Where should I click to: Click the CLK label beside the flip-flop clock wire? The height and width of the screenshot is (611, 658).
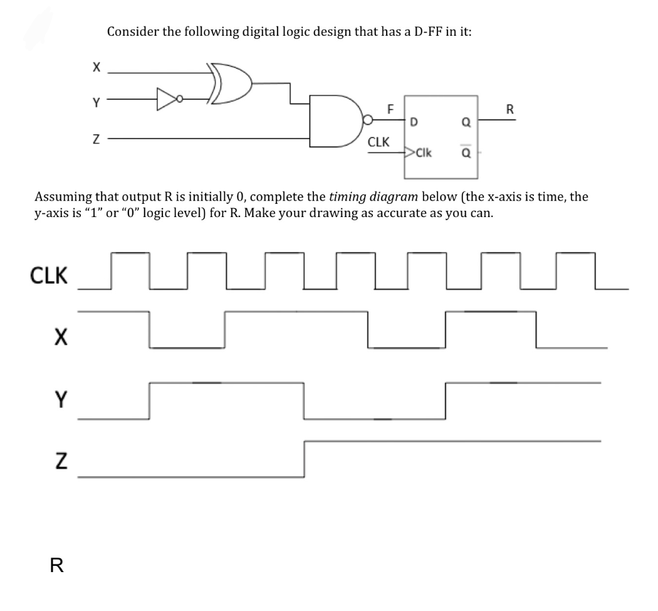pyautogui.click(x=380, y=142)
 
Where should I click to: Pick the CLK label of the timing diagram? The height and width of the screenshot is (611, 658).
pyautogui.click(x=49, y=275)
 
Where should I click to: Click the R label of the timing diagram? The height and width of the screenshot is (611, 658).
pyautogui.click(x=56, y=567)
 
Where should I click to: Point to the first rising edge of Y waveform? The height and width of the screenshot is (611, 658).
pyautogui.click(x=149, y=400)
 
